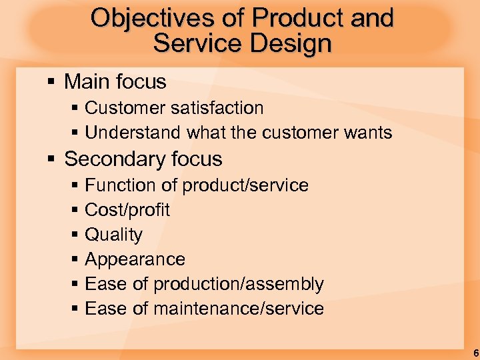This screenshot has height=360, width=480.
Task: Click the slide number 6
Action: tap(475, 353)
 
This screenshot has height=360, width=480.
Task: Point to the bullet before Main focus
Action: tap(52, 82)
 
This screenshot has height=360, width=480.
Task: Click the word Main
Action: tap(86, 82)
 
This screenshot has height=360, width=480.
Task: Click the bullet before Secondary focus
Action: tap(52, 159)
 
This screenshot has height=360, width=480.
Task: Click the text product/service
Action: tap(246, 185)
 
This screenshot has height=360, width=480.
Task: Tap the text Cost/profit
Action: tap(127, 210)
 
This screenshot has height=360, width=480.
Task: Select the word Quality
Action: tap(114, 235)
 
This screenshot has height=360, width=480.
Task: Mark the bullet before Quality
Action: tap(75, 235)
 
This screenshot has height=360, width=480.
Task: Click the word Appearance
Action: tap(135, 259)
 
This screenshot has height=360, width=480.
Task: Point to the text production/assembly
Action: tap(239, 284)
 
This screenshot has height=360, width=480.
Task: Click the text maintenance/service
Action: tap(239, 309)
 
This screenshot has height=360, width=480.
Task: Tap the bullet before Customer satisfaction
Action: tap(75, 108)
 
